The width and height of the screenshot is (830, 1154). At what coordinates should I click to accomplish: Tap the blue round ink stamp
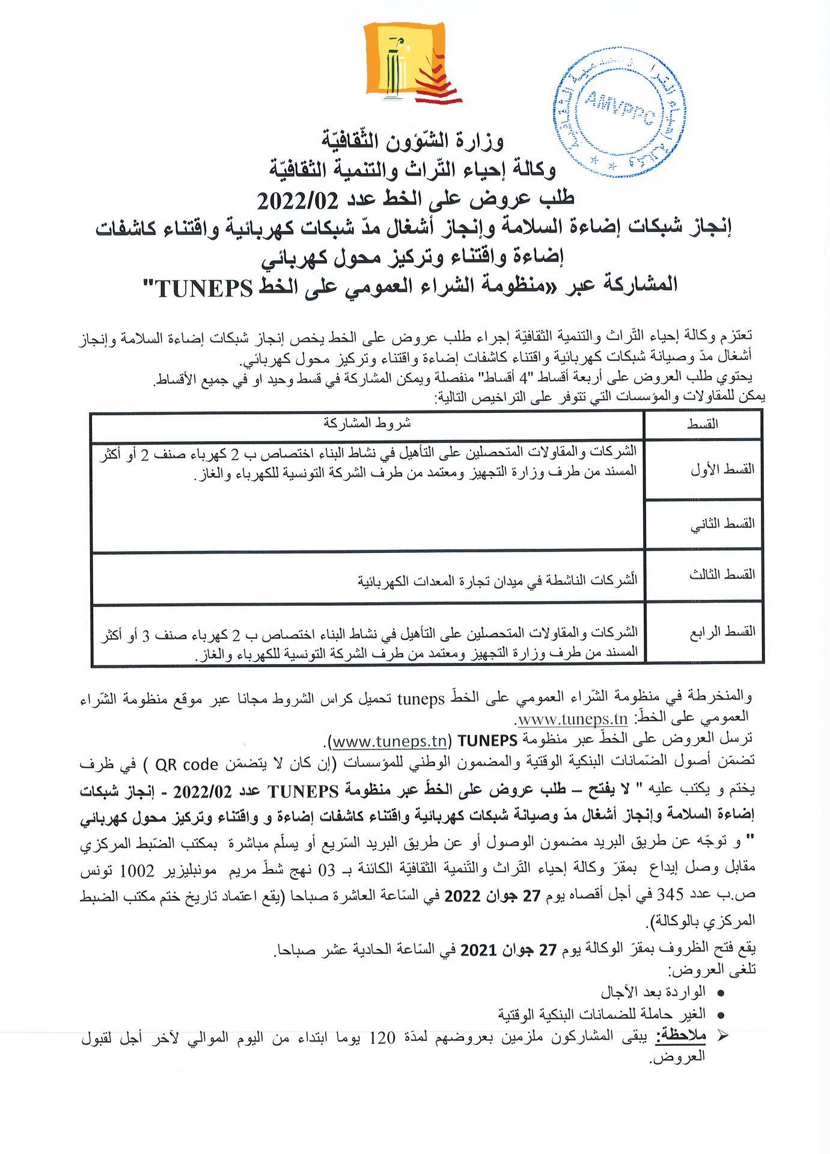tap(618, 113)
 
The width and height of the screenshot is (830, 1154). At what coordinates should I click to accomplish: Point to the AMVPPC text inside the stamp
tap(619, 109)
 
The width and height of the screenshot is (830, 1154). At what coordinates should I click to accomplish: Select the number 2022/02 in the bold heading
tap(298, 200)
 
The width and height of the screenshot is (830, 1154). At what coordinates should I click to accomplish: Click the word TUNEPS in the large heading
tap(204, 288)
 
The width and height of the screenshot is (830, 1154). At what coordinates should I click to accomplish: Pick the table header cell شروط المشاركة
tap(367, 424)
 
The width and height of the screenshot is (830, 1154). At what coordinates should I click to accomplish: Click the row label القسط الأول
tap(722, 469)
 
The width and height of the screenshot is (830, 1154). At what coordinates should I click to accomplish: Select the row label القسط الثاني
tap(722, 524)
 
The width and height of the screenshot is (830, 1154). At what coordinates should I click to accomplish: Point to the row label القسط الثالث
tap(721, 575)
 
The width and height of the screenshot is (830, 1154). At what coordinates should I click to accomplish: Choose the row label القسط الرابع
tap(722, 632)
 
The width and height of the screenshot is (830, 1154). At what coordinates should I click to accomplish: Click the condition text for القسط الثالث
tap(497, 581)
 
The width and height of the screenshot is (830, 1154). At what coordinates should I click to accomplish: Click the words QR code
tap(186, 765)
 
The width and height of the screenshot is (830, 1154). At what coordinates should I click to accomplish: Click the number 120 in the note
tap(382, 1037)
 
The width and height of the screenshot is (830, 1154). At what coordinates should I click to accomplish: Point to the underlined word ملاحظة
tap(681, 1036)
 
